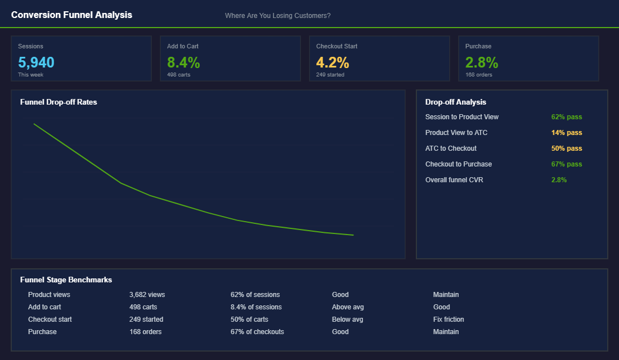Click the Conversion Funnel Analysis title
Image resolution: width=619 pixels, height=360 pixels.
(x=71, y=15)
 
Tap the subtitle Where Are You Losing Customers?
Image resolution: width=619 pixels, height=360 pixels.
(x=277, y=16)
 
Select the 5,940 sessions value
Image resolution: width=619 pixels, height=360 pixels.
(x=36, y=62)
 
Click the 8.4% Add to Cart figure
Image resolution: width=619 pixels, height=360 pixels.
(x=183, y=62)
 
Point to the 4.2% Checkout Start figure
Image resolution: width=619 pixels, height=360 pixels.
(x=333, y=62)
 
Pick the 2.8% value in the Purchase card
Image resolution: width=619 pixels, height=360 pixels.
(x=482, y=62)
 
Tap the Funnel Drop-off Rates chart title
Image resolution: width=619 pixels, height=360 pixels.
(x=59, y=102)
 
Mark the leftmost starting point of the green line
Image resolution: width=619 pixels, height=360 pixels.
(x=34, y=124)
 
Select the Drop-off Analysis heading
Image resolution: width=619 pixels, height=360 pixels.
(x=456, y=102)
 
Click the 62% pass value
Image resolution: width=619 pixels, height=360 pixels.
(x=567, y=117)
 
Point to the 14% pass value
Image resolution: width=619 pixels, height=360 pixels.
(x=567, y=133)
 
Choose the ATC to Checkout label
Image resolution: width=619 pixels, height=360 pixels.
(x=451, y=148)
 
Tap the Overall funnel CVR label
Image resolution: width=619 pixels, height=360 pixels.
(x=454, y=180)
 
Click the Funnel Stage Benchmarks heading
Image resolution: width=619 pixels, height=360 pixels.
(x=66, y=280)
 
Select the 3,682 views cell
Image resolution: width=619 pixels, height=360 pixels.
(x=147, y=295)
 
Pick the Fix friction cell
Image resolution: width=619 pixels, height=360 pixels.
(x=448, y=319)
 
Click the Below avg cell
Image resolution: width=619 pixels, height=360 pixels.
(x=347, y=319)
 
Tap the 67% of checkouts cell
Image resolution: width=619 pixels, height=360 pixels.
(x=257, y=332)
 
